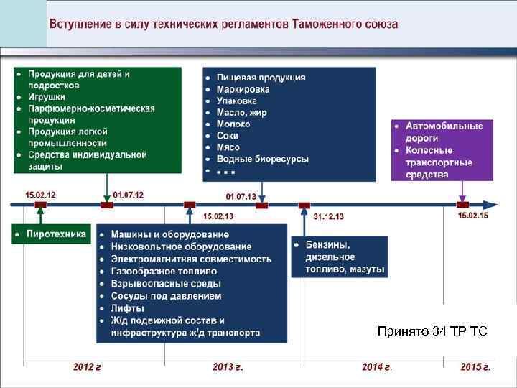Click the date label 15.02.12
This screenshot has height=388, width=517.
pos(40,195)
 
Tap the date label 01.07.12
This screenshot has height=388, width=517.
pos(129,195)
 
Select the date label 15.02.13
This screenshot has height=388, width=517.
pos(218,216)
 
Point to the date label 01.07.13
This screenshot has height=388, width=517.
pos(241,196)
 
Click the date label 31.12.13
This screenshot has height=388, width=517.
pos(328,216)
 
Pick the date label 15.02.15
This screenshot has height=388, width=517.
pos(472,216)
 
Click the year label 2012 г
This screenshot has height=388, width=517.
pos(87,367)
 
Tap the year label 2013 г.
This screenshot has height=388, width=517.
pos(228,367)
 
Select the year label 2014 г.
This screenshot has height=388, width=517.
pos(377,367)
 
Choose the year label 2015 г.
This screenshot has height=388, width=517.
pos(475,367)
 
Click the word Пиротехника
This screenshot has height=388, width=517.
pos(56,234)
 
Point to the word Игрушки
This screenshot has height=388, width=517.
pos(47,97)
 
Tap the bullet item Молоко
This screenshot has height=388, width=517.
pos(233,124)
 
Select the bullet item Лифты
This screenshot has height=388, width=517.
pos(127,308)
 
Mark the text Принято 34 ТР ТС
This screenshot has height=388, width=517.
pos(432,331)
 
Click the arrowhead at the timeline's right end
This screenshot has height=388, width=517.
pos(491,205)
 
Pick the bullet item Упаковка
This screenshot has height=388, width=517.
pos(237,101)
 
